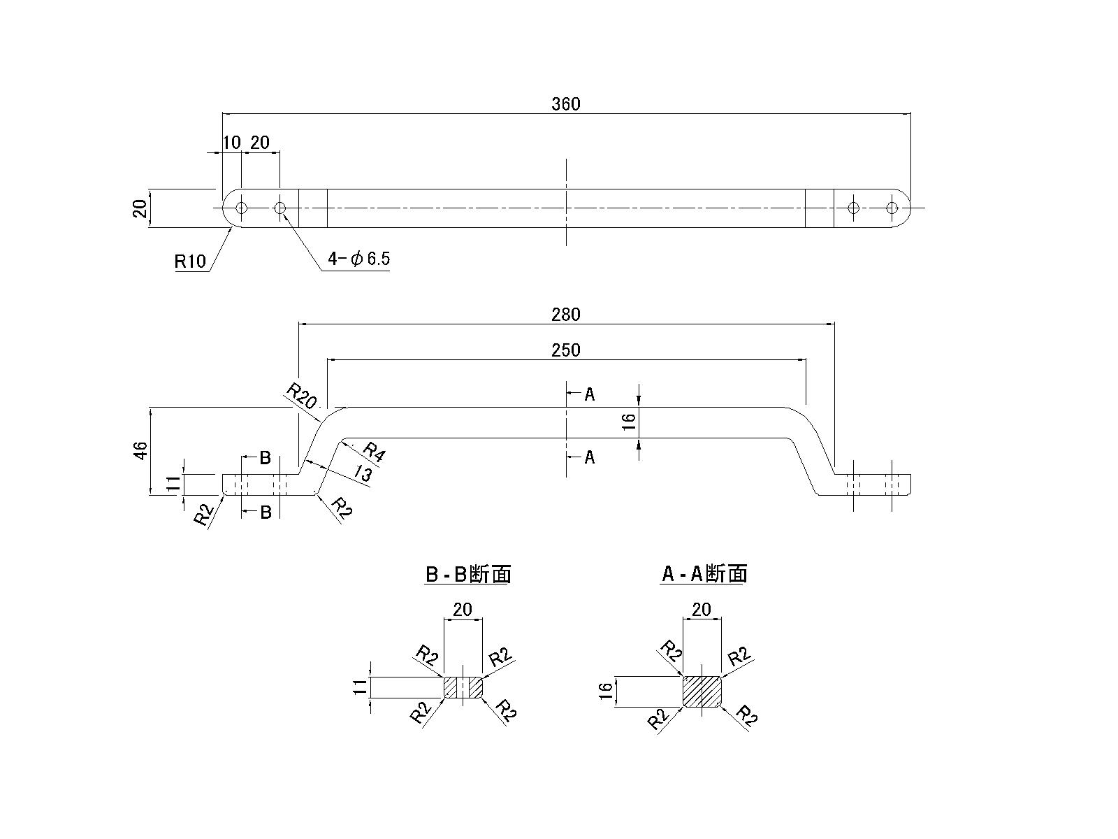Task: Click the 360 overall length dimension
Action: (x=566, y=104)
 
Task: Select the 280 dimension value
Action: (x=566, y=315)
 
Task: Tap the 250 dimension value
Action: (x=566, y=350)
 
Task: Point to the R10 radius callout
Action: (x=190, y=261)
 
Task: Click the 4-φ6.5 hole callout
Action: (x=358, y=259)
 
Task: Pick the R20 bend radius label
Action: (x=302, y=396)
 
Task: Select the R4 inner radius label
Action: (x=373, y=452)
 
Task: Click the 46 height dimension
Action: (x=141, y=451)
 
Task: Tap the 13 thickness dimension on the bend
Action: (x=363, y=474)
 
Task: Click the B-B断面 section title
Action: (x=467, y=574)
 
